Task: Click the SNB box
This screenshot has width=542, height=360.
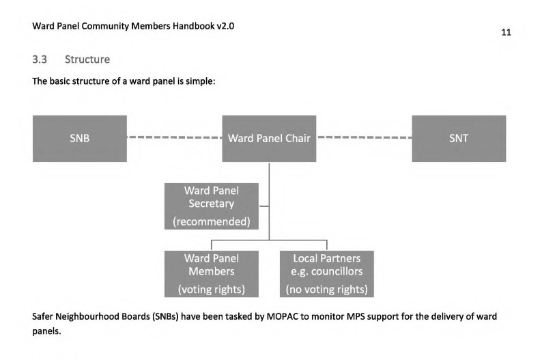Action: tap(79, 139)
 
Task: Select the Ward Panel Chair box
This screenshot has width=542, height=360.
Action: tap(269, 139)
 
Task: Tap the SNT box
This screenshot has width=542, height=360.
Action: tap(459, 139)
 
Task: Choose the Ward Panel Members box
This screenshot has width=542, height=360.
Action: tap(211, 273)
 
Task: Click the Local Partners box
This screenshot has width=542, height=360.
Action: tap(326, 273)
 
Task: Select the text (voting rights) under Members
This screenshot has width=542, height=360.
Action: tap(211, 289)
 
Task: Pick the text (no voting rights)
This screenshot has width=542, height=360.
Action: tap(326, 289)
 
